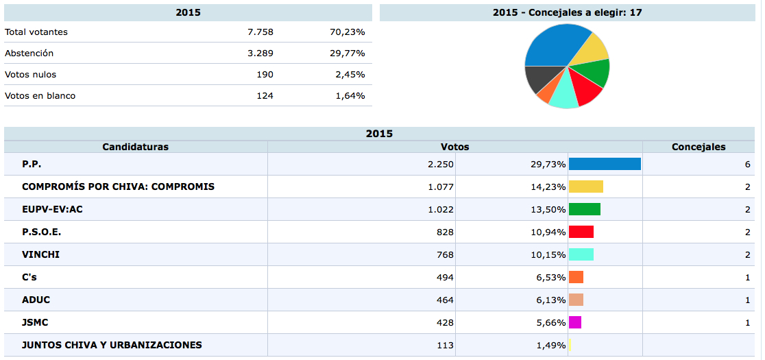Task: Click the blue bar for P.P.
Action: (605, 164)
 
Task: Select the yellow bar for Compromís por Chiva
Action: (586, 187)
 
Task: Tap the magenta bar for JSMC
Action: (575, 322)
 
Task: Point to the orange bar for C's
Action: (576, 277)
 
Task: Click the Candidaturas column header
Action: (135, 147)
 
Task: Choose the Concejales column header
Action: (699, 147)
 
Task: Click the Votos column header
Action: (454, 147)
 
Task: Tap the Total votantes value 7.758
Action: (260, 32)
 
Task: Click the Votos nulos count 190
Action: (265, 75)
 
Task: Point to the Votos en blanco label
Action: (40, 96)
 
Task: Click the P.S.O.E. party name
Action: (41, 232)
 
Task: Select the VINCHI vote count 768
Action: (445, 254)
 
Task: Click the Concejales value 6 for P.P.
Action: (747, 164)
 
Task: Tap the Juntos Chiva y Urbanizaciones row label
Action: (112, 345)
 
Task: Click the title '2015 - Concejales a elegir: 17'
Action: (567, 12)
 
